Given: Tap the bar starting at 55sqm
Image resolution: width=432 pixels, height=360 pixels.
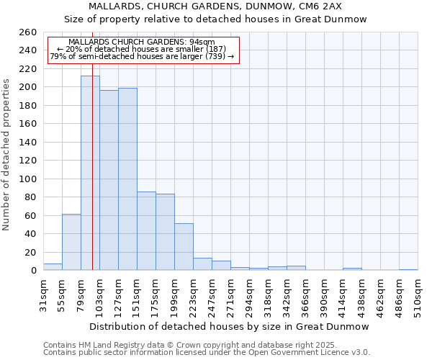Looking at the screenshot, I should pos(71,242).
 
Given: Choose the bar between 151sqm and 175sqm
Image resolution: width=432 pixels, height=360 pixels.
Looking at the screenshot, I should pos(146,230).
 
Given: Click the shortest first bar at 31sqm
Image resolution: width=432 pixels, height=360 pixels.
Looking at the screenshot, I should pos(53,267).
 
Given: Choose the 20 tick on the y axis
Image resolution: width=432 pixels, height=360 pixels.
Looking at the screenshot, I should pos(30,252).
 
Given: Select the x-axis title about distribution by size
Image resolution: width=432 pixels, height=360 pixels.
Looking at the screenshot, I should pos(230,326).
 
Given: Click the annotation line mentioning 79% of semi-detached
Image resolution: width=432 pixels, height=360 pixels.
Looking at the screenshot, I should pos(142,56).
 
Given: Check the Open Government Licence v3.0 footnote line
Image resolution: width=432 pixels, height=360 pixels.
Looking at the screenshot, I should pos(207,353).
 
